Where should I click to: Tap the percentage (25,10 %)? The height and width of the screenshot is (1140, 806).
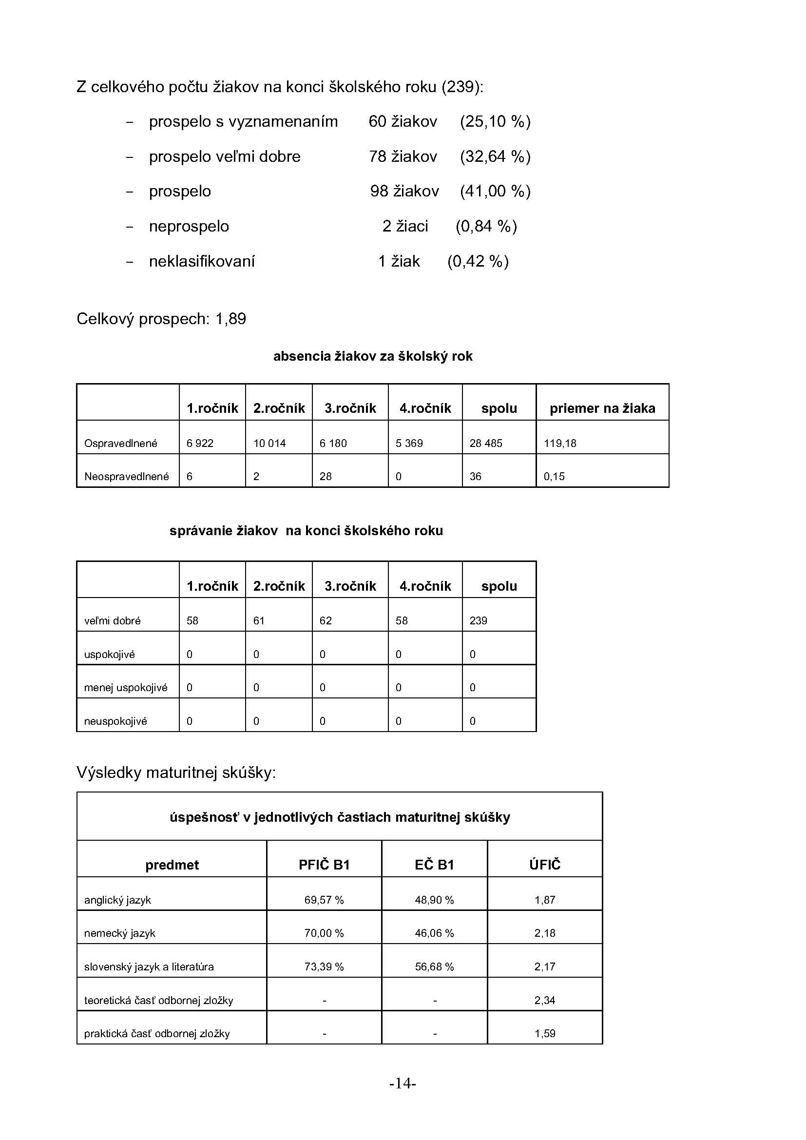(495, 122)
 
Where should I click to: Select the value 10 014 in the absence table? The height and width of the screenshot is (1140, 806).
(269, 443)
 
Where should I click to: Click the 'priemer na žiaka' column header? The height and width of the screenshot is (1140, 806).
(602, 408)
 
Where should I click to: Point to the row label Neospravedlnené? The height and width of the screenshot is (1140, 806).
(127, 476)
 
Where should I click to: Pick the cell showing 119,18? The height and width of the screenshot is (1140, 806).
(560, 443)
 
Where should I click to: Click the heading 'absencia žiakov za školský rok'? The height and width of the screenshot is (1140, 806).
(373, 356)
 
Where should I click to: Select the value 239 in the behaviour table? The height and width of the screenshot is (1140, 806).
(479, 620)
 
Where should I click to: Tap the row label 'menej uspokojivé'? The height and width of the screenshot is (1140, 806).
(126, 687)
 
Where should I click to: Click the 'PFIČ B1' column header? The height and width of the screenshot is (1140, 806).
(324, 865)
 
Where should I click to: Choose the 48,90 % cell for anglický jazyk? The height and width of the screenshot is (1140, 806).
(434, 900)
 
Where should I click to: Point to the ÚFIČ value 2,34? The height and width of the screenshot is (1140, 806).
(544, 1000)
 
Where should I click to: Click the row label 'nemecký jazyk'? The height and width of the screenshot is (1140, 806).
(119, 933)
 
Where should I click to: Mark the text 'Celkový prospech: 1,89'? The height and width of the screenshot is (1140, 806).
(161, 319)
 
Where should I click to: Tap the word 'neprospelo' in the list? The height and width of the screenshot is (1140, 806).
(189, 227)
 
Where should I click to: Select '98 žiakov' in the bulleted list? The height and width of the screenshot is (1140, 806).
(404, 191)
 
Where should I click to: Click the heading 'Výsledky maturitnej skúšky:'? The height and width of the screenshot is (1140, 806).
(176, 772)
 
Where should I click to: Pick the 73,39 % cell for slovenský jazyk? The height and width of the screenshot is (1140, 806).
(324, 966)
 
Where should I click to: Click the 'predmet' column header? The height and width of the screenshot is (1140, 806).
(172, 865)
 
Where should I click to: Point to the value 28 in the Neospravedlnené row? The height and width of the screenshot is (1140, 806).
(326, 476)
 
